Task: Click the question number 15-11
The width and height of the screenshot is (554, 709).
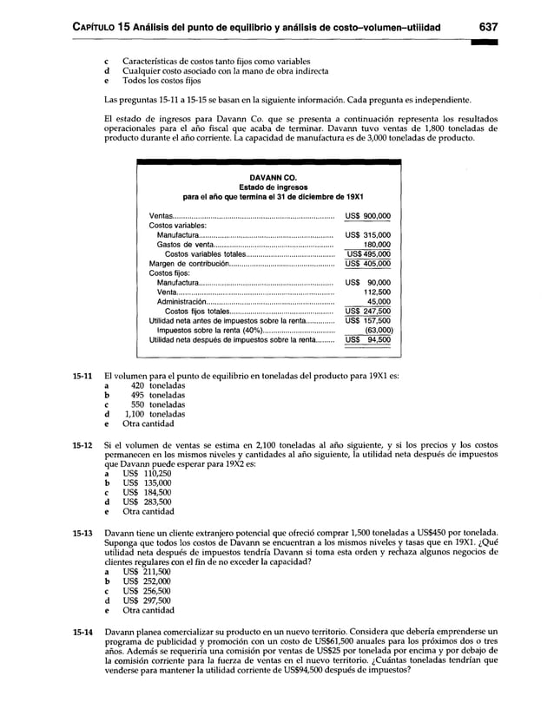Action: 82,376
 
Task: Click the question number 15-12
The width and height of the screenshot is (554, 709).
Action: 82,443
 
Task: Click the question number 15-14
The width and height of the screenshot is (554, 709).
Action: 82,630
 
